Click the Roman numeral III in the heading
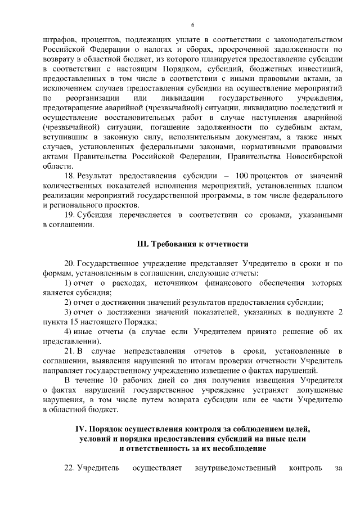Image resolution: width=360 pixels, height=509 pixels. [142, 244]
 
